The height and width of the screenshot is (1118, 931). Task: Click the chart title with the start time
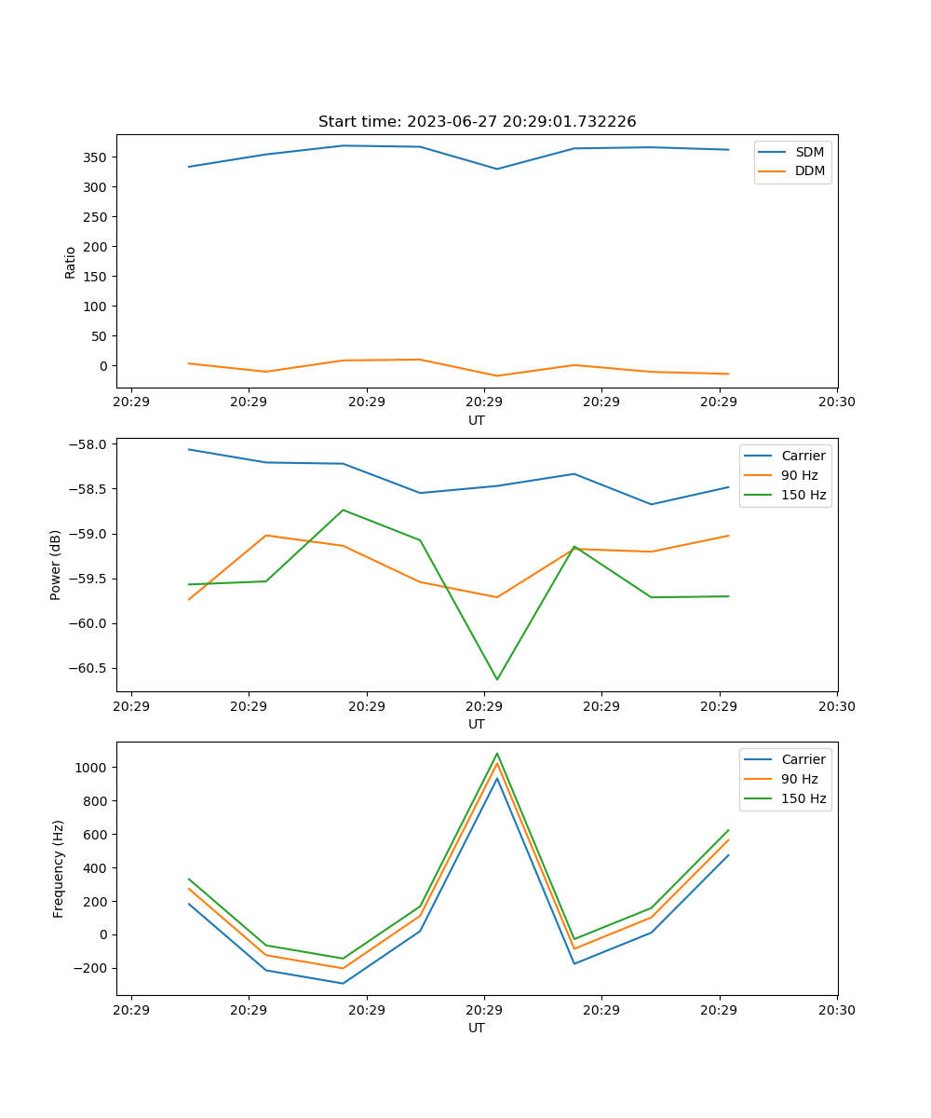coord(477,122)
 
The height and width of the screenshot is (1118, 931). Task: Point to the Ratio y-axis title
coord(71,262)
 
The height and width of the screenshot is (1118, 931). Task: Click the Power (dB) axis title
coord(56,565)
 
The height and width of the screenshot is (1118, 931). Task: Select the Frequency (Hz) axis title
coord(59,868)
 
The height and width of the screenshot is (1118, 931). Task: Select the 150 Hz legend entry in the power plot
coord(803,495)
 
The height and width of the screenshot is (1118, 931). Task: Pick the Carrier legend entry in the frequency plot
coord(803,759)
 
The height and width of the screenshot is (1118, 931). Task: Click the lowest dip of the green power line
coord(497,679)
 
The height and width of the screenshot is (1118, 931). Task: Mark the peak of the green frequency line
coord(497,754)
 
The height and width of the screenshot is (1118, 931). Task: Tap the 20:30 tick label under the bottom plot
coord(837,1010)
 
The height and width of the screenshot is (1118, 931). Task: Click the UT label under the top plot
coord(477,420)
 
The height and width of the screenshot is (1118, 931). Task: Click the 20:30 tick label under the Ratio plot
coord(837,402)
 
